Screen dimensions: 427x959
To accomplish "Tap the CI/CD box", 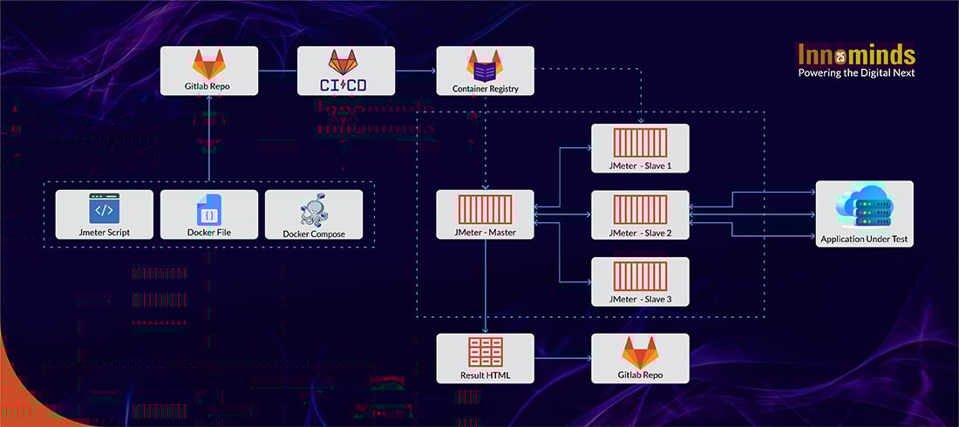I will [346, 71].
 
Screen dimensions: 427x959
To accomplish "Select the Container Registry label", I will [486, 89].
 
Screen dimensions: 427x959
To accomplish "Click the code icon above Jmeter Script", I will [104, 209].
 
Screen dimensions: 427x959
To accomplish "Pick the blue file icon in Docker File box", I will [209, 209].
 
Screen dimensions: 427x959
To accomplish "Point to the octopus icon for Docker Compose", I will [313, 212].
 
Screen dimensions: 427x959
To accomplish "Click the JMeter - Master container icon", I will [485, 209].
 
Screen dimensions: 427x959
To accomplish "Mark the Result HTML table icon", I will [486, 352].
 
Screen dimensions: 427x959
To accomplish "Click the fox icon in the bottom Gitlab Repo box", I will [640, 352].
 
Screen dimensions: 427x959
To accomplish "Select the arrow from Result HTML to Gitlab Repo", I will [562, 358].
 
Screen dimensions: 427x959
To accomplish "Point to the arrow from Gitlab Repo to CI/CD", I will [277, 71].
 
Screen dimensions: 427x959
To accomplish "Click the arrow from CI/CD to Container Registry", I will [416, 71].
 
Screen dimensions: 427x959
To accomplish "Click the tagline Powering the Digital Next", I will [856, 73].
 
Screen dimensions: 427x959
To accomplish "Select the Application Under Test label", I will [864, 238].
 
